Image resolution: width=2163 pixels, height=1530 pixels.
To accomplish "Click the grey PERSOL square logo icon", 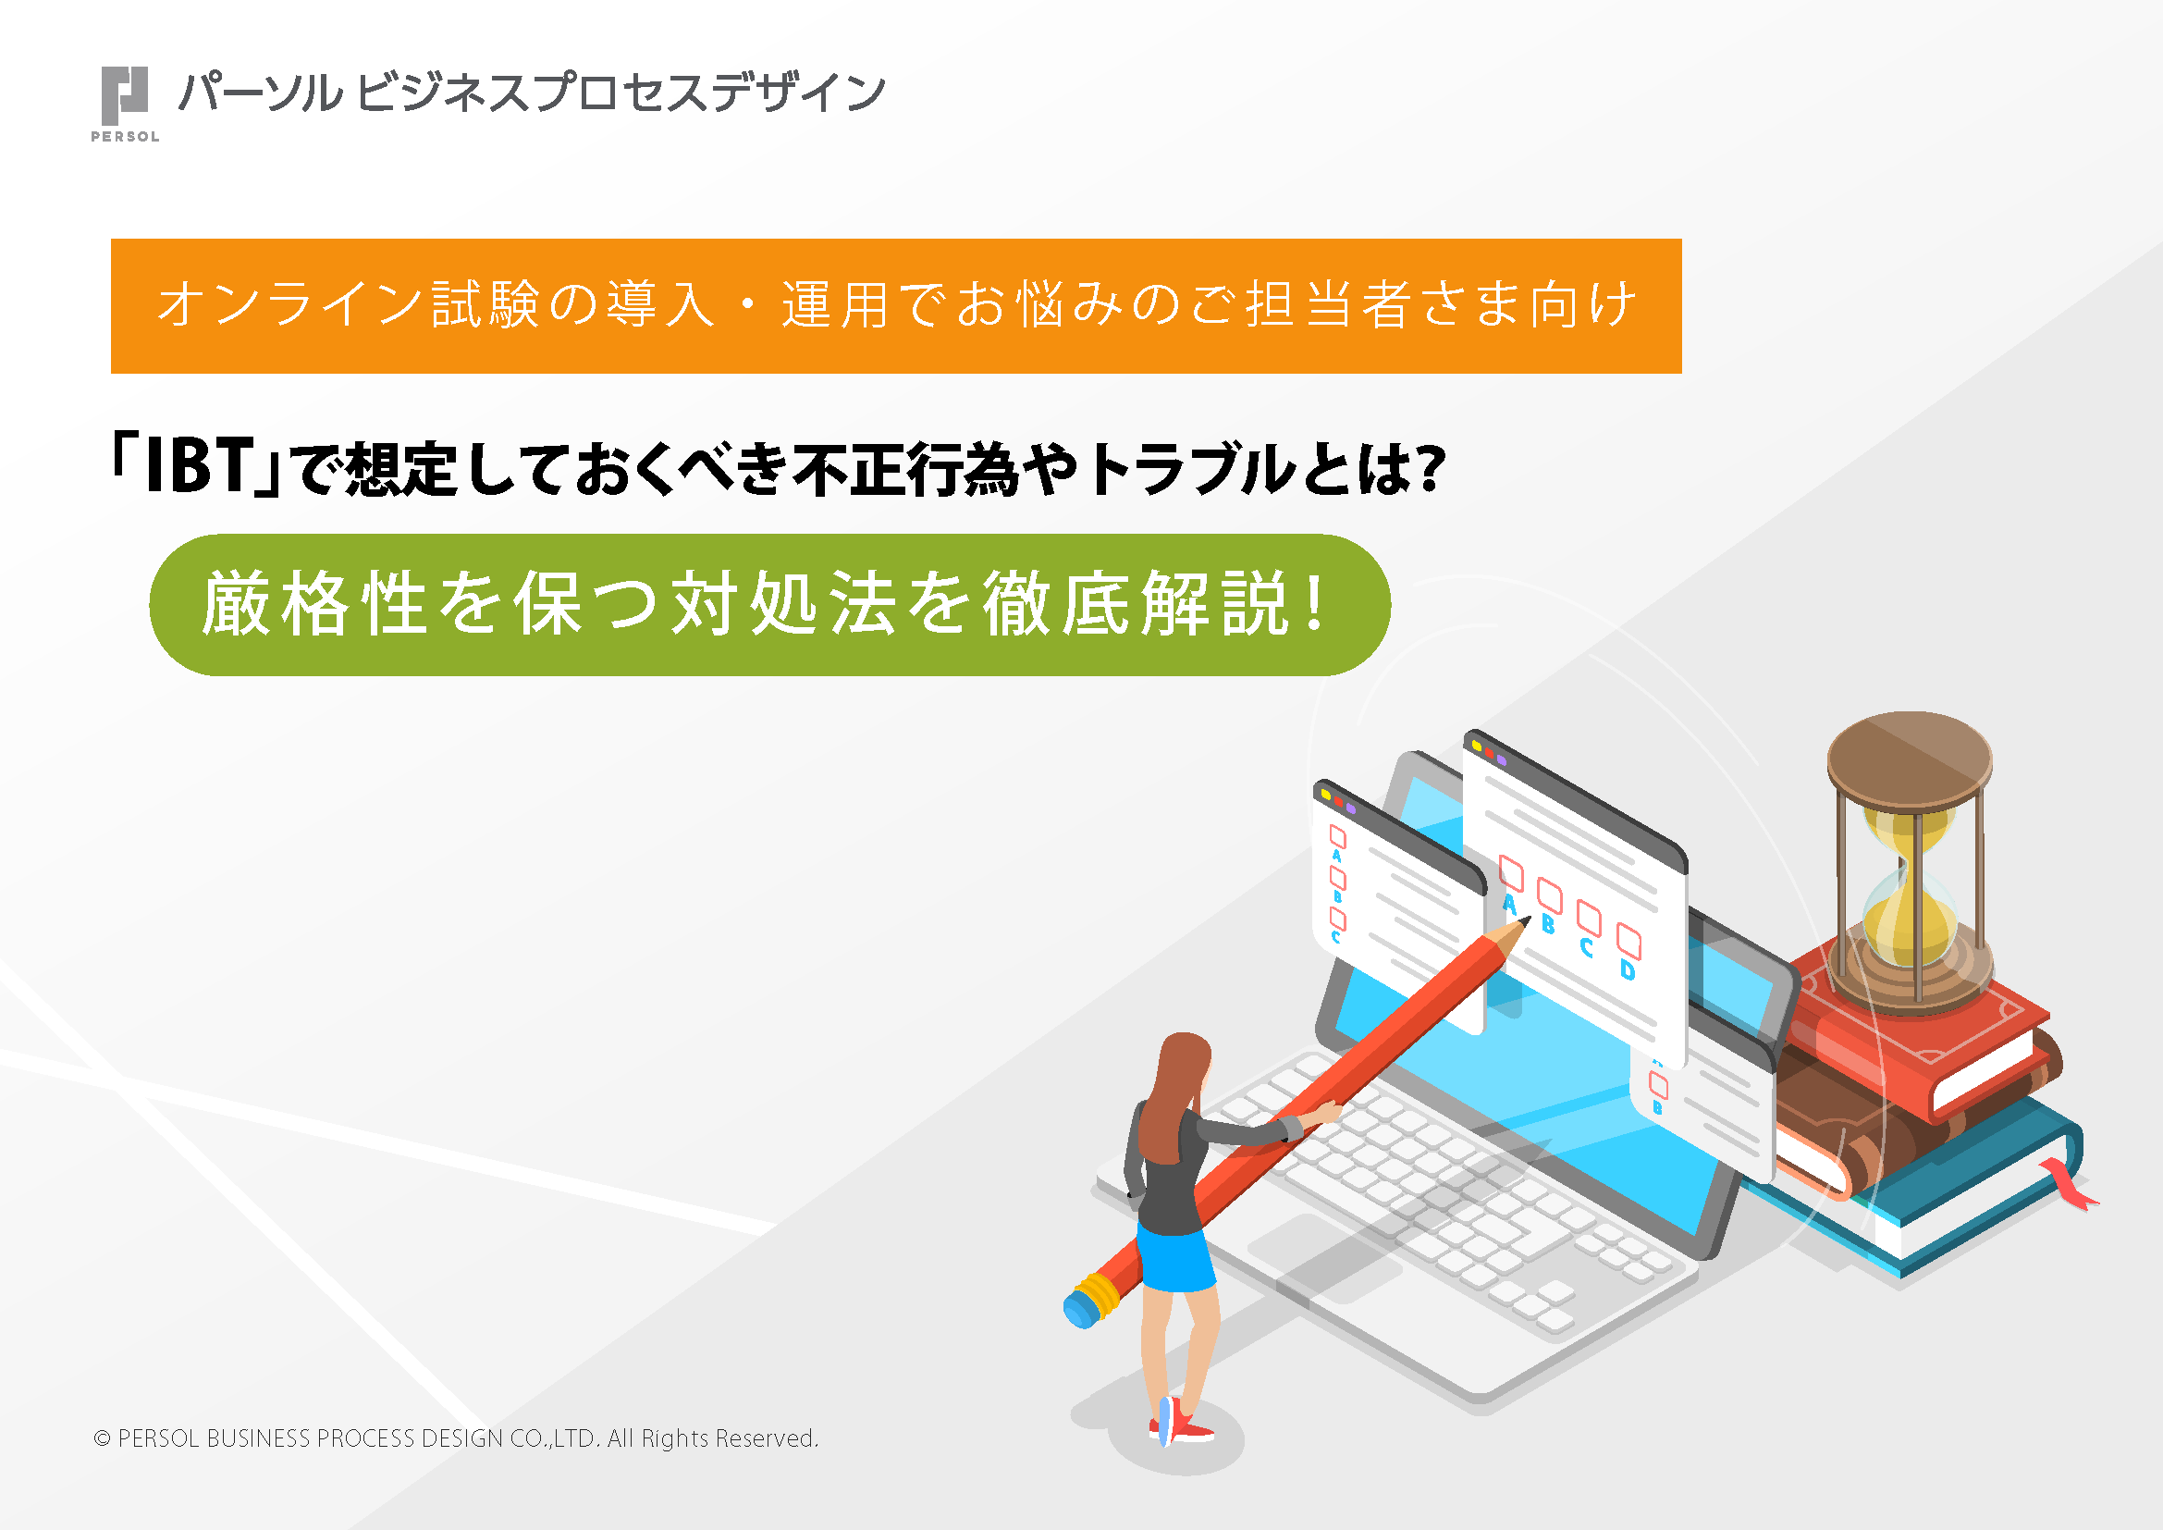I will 124,94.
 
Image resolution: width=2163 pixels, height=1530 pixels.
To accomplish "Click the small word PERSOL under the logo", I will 124,137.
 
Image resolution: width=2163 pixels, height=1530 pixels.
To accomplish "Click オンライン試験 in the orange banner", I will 348,305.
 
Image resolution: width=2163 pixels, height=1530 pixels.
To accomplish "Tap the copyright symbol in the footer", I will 102,1438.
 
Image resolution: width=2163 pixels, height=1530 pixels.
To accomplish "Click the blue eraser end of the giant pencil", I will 1080,1308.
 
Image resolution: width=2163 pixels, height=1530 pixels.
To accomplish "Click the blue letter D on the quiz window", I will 1628,969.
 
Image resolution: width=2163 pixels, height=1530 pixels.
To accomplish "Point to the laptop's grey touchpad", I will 1319,1253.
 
